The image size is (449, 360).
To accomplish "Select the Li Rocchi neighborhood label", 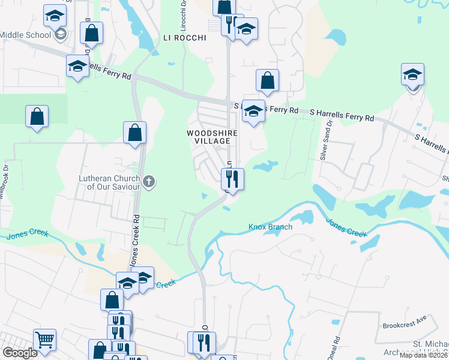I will coord(184,37).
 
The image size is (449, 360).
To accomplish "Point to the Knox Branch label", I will coord(270,227).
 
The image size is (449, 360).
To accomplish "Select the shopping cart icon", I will coord(45,341).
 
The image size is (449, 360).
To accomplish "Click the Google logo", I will coord(20,353).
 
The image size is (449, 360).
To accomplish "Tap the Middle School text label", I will coord(25,35).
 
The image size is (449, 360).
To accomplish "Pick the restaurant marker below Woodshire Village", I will coord(232,178).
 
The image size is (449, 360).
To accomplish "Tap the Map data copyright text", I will coord(422,355).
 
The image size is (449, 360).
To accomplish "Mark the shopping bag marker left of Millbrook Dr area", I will coord(37,116).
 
